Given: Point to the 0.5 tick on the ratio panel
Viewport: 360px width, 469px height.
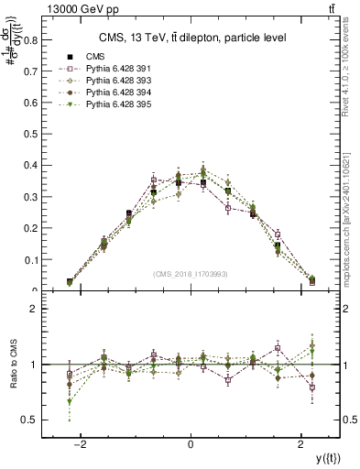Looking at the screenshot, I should (x=34, y=420).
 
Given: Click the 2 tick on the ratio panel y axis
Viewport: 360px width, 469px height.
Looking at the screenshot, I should (x=38, y=309).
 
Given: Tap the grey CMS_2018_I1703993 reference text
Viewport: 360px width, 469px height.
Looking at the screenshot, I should (x=190, y=274).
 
